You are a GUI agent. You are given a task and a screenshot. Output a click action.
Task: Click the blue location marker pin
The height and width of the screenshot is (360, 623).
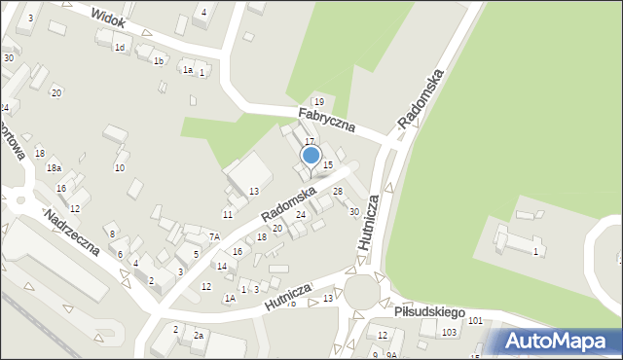click(311, 156)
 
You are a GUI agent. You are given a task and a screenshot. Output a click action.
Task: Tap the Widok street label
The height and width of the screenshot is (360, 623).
click(108, 17)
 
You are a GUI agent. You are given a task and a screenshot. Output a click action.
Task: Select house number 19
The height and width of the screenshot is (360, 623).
click(318, 102)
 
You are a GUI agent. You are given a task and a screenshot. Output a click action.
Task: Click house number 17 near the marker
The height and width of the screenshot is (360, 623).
click(310, 142)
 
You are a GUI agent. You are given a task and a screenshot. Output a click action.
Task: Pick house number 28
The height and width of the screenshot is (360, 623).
click(338, 192)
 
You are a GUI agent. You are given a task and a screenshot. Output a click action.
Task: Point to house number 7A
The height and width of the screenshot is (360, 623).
click(214, 236)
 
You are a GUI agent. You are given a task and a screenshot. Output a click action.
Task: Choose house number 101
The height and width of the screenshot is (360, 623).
click(475, 320)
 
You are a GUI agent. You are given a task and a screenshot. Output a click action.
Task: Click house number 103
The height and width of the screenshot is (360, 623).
click(449, 333)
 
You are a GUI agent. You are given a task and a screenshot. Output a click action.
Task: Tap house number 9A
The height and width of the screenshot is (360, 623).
click(388, 355)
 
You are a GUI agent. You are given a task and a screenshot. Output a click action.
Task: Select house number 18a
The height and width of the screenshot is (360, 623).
click(55, 168)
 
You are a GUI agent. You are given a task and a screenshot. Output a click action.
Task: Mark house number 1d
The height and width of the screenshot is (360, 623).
click(120, 48)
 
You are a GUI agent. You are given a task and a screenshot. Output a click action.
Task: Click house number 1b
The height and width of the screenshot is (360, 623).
click(159, 61)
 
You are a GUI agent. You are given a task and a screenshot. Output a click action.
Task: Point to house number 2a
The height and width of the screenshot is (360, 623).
click(199, 336)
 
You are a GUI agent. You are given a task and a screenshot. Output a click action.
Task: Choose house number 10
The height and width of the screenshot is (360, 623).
click(120, 168)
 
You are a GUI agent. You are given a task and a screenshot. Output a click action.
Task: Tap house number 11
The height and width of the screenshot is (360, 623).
click(228, 214)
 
